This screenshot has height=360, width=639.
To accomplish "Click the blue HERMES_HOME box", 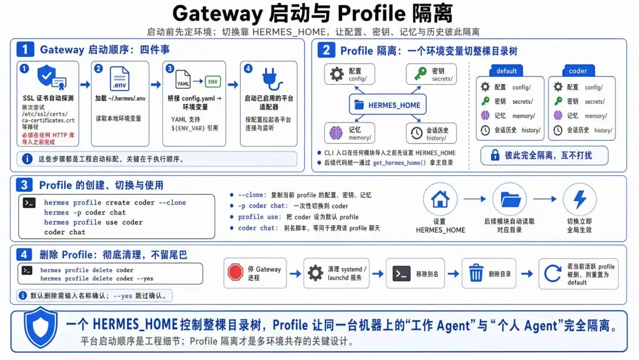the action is (x=388, y=105).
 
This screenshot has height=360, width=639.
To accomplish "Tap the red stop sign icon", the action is (x=235, y=273).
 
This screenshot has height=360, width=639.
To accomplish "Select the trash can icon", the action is (x=476, y=273).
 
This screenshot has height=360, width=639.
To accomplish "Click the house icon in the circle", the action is (x=440, y=200).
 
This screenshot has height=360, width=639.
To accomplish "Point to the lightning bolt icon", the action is (x=579, y=200).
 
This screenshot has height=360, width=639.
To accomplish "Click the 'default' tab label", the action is (x=506, y=71).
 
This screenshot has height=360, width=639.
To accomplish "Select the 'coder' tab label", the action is (x=578, y=71).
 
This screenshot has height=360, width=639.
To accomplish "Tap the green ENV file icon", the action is (x=213, y=82).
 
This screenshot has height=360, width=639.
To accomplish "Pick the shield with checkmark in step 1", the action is (x=47, y=75).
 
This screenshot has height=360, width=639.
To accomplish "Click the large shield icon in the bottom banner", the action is (x=40, y=327).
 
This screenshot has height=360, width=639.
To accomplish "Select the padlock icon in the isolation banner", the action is (x=495, y=155).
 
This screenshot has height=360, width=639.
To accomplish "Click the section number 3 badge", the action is (x=24, y=185).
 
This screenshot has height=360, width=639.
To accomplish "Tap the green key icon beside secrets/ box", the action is (x=420, y=73).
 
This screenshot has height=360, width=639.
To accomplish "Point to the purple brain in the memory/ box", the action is (x=336, y=133).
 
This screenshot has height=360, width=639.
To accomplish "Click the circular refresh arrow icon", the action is (x=553, y=273).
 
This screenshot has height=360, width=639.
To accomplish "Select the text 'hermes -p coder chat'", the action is (x=85, y=213).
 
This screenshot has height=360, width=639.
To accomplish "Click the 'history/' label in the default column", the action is (x=531, y=130).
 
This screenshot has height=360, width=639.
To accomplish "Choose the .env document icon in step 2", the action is (x=120, y=79).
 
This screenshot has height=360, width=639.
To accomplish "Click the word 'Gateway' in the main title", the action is (x=217, y=14).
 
